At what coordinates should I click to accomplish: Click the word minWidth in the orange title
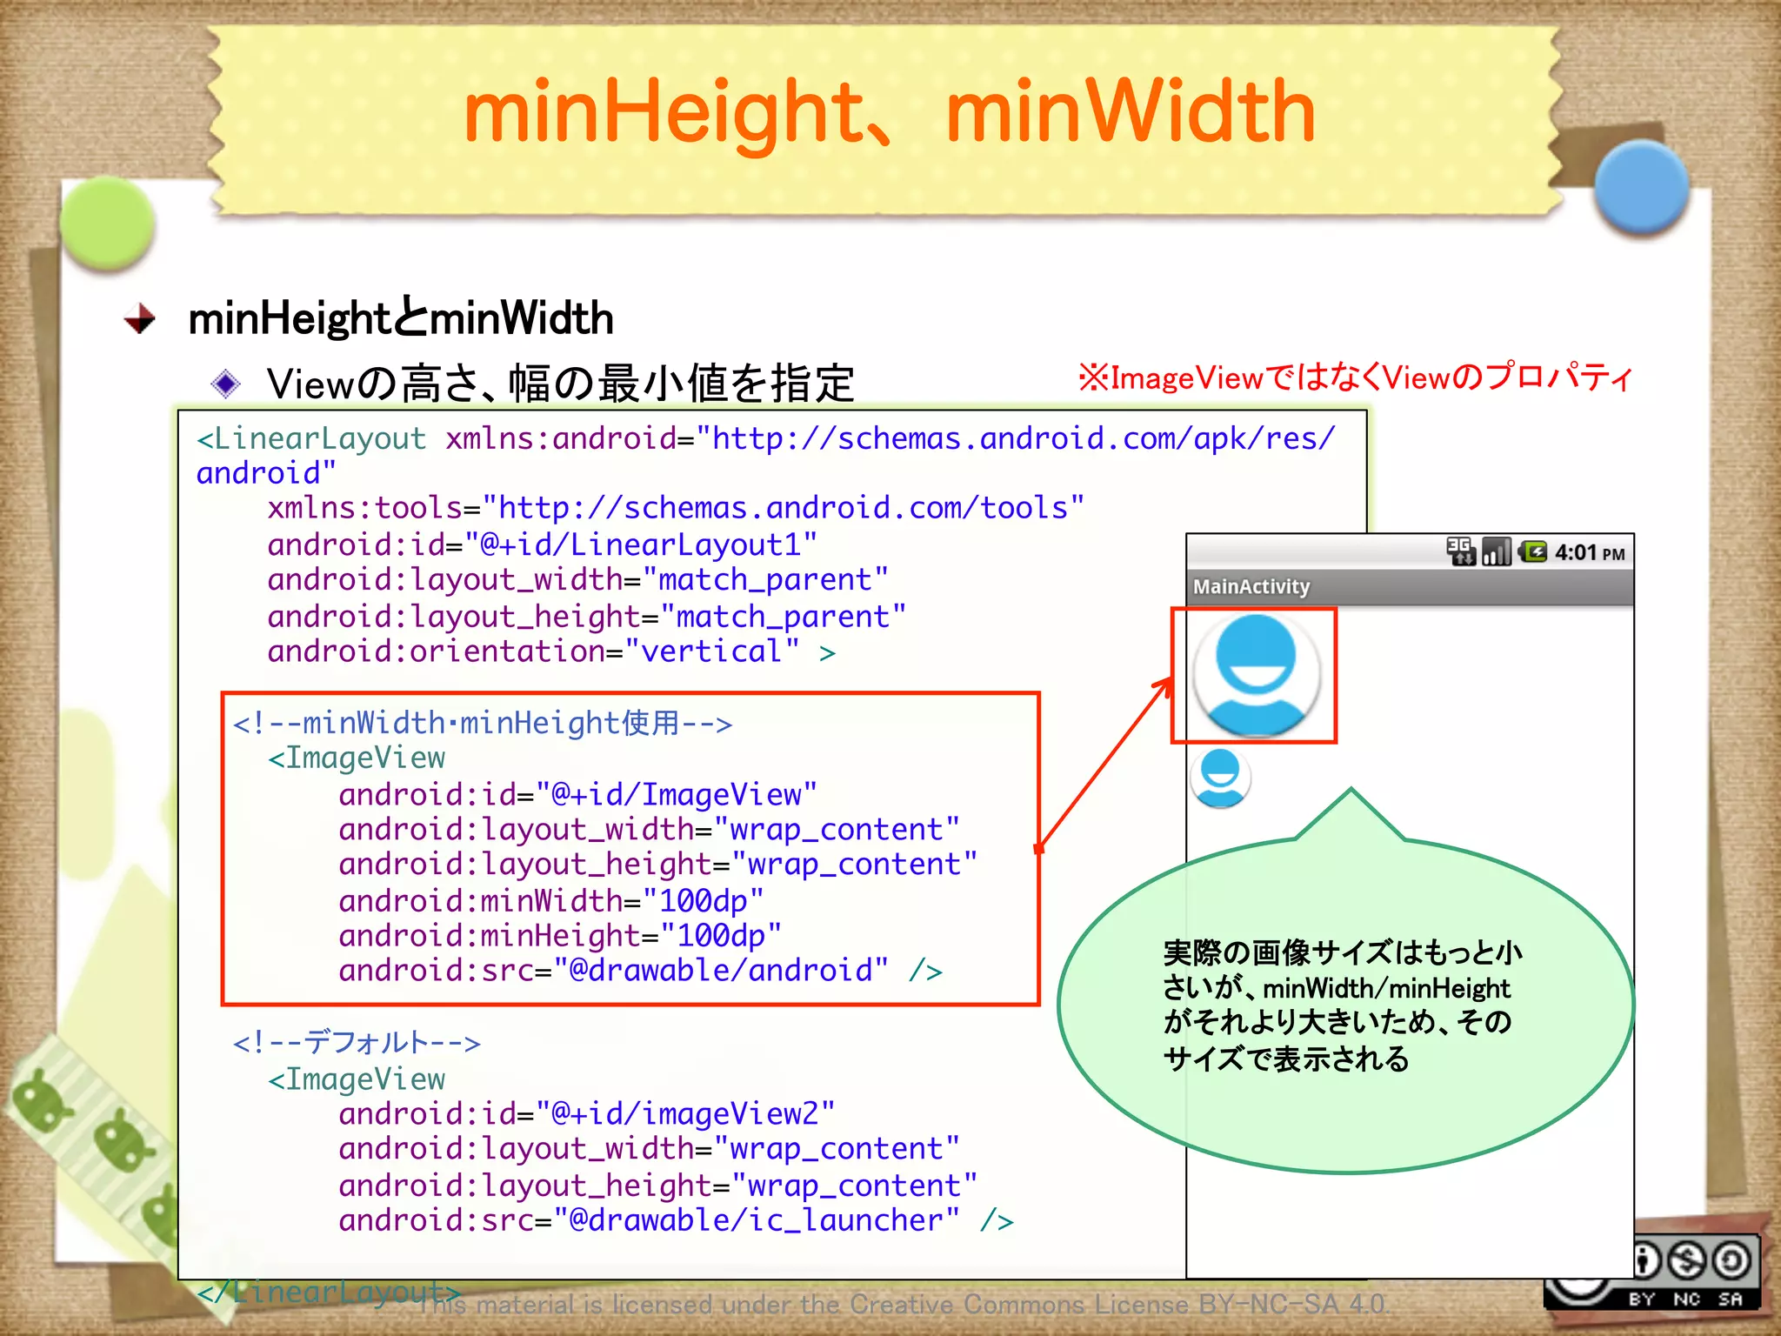pyautogui.click(x=1131, y=113)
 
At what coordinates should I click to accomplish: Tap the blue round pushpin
pyautogui.click(x=1641, y=186)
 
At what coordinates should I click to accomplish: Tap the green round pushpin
pyautogui.click(x=108, y=224)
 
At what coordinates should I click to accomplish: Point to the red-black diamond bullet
pyautogui.click(x=140, y=318)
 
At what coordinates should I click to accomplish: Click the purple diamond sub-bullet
pyautogui.click(x=226, y=383)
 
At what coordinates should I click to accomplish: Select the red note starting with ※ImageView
pyautogui.click(x=1355, y=377)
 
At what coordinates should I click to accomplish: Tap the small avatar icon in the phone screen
pyautogui.click(x=1221, y=778)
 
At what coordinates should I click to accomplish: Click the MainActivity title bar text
pyautogui.click(x=1251, y=587)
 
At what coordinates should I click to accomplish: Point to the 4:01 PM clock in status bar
pyautogui.click(x=1589, y=553)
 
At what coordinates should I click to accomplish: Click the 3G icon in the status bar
pyautogui.click(x=1460, y=551)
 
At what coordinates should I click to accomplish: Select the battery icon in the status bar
pyautogui.click(x=1532, y=551)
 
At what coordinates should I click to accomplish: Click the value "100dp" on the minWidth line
pyautogui.click(x=704, y=900)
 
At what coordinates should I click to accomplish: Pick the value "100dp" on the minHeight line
pyautogui.click(x=721, y=936)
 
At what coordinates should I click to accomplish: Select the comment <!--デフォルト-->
pyautogui.click(x=357, y=1042)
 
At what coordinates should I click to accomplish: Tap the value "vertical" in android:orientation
pyautogui.click(x=711, y=651)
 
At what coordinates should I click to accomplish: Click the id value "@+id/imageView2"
pyautogui.click(x=684, y=1114)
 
